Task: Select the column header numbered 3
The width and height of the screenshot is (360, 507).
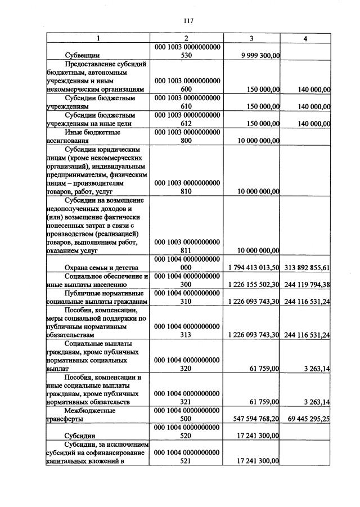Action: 251,38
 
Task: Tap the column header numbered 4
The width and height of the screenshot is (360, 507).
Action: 305,38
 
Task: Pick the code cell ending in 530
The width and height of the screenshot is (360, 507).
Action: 187,51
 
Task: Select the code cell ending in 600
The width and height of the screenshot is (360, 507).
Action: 187,85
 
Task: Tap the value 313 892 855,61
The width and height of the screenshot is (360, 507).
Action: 307,267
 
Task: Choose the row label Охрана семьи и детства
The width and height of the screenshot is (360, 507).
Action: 99,267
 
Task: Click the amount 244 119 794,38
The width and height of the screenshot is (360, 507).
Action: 307,284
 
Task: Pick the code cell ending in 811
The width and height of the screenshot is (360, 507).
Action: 187,246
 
